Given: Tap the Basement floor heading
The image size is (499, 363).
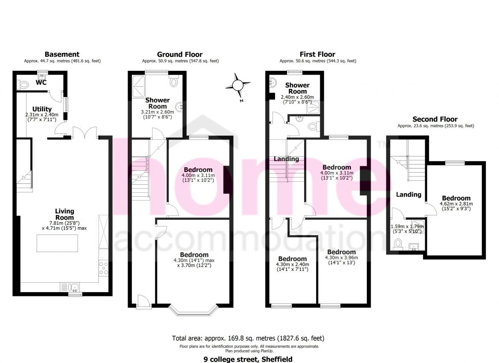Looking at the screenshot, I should pyautogui.click(x=62, y=54).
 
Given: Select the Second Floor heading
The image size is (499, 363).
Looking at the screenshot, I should pyautogui.click(x=435, y=119).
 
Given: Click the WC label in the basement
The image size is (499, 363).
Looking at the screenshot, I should pyautogui.click(x=41, y=82).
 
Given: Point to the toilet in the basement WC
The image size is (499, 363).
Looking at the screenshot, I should pyautogui.click(x=23, y=85).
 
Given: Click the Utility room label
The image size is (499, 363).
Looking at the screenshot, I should pyautogui.click(x=42, y=109).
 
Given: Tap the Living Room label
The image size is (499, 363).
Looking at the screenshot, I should pyautogui.click(x=64, y=214).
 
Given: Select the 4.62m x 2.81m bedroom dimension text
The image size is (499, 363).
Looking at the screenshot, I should pyautogui.click(x=456, y=206).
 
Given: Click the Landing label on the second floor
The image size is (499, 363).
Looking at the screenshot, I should pyautogui.click(x=409, y=195).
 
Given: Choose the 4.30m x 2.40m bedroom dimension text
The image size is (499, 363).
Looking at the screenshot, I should pyautogui.click(x=293, y=267).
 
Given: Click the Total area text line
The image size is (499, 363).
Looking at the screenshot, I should pyautogui.click(x=249, y=338).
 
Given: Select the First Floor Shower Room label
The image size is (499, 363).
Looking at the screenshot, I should pyautogui.click(x=297, y=88).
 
